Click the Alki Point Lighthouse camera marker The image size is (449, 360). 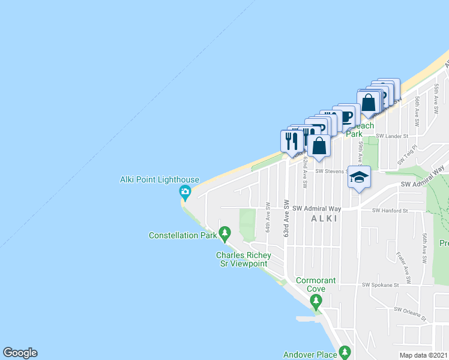click(x=185, y=193)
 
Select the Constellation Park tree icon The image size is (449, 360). click(x=224, y=232)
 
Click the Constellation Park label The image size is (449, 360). click(x=182, y=236)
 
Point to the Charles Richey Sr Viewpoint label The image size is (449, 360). click(x=244, y=260)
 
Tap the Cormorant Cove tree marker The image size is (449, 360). click(x=316, y=302)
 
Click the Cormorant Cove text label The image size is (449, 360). click(x=316, y=284)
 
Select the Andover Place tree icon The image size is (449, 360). click(x=344, y=352)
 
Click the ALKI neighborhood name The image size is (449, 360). click(x=324, y=219)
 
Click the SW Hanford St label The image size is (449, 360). click(x=390, y=211)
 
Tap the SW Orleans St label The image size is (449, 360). click(x=409, y=314)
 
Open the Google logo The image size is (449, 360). click(x=20, y=353)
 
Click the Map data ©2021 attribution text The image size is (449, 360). click(x=424, y=355)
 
